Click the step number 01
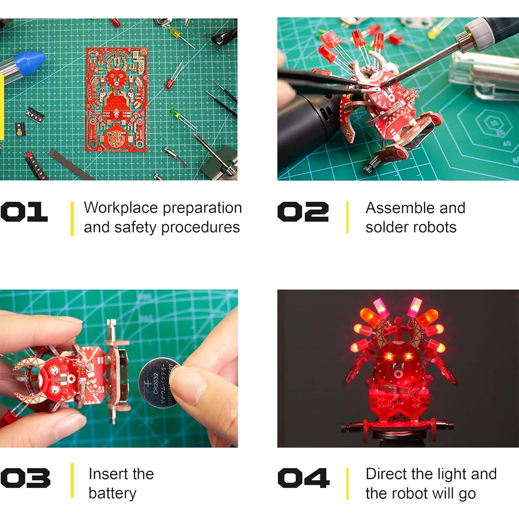pyautogui.click(x=24, y=212)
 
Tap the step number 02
pyautogui.click(x=303, y=212)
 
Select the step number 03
pyautogui.click(x=25, y=478)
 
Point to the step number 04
pyautogui.click(x=303, y=478)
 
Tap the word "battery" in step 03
pyautogui.click(x=112, y=493)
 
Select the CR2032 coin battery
pyautogui.click(x=160, y=383)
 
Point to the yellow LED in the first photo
pyautogui.click(x=175, y=34)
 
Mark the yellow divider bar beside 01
pyautogui.click(x=72, y=219)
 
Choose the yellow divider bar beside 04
pyautogui.click(x=347, y=483)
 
